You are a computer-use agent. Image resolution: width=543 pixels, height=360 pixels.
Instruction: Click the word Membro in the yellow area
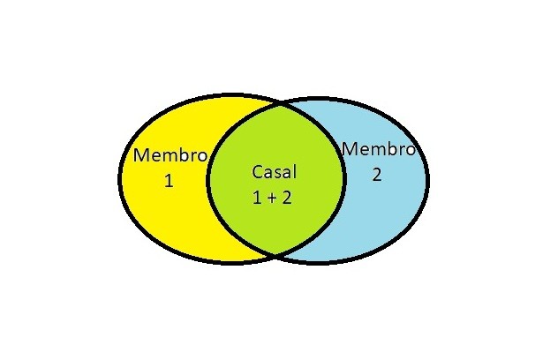pyautogui.click(x=170, y=156)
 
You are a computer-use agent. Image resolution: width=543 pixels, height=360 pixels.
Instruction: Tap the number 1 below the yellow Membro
pyautogui.click(x=170, y=182)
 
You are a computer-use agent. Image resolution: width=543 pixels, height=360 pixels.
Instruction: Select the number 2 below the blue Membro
pyautogui.click(x=377, y=174)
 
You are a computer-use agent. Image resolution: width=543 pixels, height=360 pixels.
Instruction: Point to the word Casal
pyautogui.click(x=274, y=171)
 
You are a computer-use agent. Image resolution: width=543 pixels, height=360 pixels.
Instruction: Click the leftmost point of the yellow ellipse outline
pyautogui.click(x=119, y=176)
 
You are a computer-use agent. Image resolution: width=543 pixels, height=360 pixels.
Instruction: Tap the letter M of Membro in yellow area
pyautogui.click(x=140, y=156)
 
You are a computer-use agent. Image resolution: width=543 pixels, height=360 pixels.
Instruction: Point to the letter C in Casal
pyautogui.click(x=257, y=171)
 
